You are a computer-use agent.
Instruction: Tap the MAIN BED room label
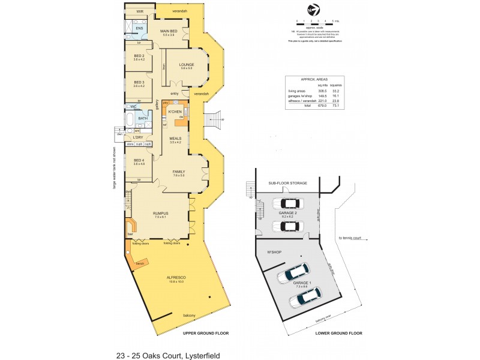[168, 32]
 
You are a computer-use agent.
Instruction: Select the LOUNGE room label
[186, 65]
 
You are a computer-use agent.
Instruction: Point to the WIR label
[139, 11]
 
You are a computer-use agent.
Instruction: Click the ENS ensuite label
[139, 28]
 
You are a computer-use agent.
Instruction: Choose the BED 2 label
[139, 56]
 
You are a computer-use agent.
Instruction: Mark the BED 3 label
[139, 82]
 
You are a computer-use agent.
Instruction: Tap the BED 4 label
[139, 161]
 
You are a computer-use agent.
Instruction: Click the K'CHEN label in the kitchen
[175, 113]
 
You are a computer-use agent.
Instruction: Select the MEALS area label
[175, 139]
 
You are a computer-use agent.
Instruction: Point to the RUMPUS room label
[160, 214]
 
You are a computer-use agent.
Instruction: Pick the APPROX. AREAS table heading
[314, 79]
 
